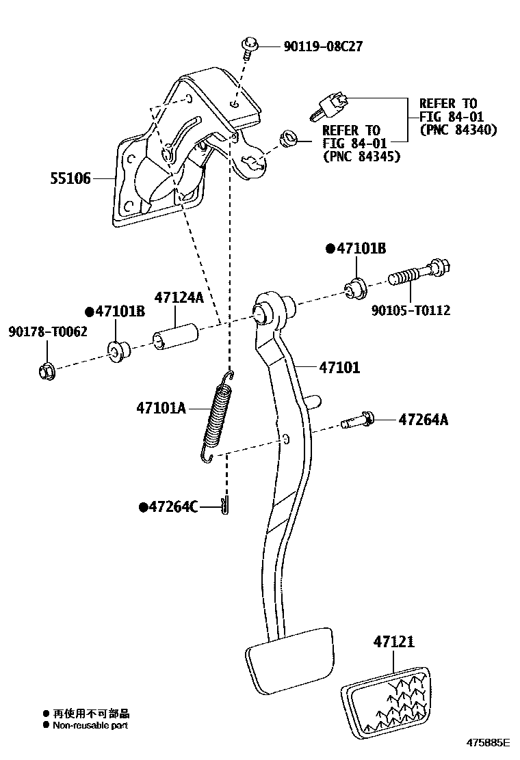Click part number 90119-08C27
click(322, 46)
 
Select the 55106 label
click(70, 179)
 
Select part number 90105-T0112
click(411, 310)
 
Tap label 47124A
click(179, 298)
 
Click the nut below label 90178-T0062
click(46, 371)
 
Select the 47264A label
click(424, 420)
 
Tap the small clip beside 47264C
click(226, 506)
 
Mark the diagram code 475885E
click(489, 742)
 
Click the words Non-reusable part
click(90, 725)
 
